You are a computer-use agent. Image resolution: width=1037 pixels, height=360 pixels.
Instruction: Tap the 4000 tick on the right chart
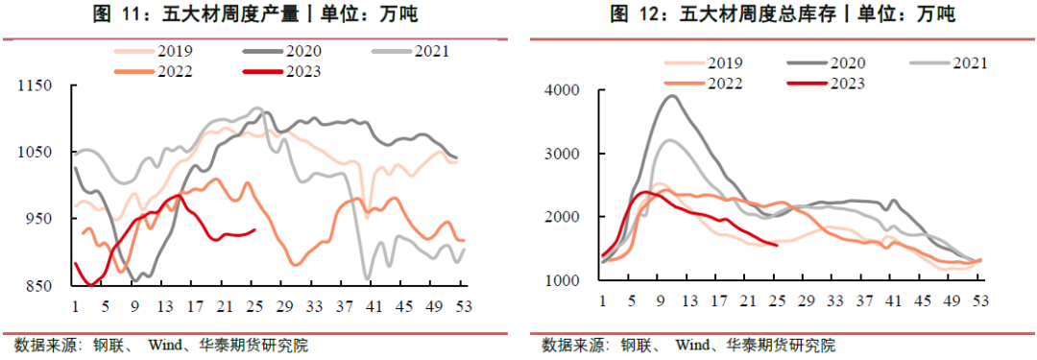[562, 90]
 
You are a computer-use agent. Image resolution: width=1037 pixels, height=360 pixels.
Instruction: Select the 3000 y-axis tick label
[562, 154]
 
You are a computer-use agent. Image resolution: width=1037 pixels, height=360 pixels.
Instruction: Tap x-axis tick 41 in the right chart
[894, 300]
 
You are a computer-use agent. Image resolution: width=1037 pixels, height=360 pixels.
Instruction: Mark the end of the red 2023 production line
[254, 229]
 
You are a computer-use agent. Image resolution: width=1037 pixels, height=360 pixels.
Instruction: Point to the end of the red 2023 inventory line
[776, 244]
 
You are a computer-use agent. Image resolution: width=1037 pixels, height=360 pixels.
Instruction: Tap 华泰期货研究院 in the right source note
[781, 346]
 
